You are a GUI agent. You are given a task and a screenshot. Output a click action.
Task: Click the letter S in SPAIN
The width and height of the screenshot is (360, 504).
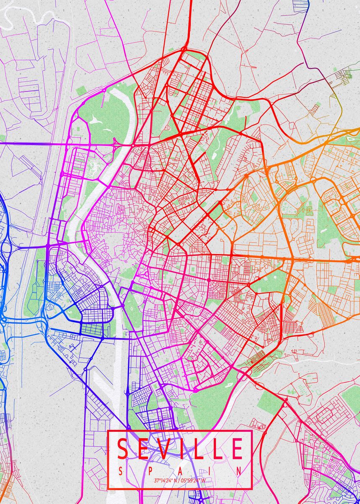[x=121, y=471]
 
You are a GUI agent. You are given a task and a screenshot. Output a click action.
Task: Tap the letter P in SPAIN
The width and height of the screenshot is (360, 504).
[x=150, y=471]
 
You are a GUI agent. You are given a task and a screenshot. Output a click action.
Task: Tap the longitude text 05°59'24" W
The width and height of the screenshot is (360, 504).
[x=193, y=480]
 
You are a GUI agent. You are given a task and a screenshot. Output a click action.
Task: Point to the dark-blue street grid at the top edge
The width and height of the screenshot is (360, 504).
[x=301, y=5]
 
